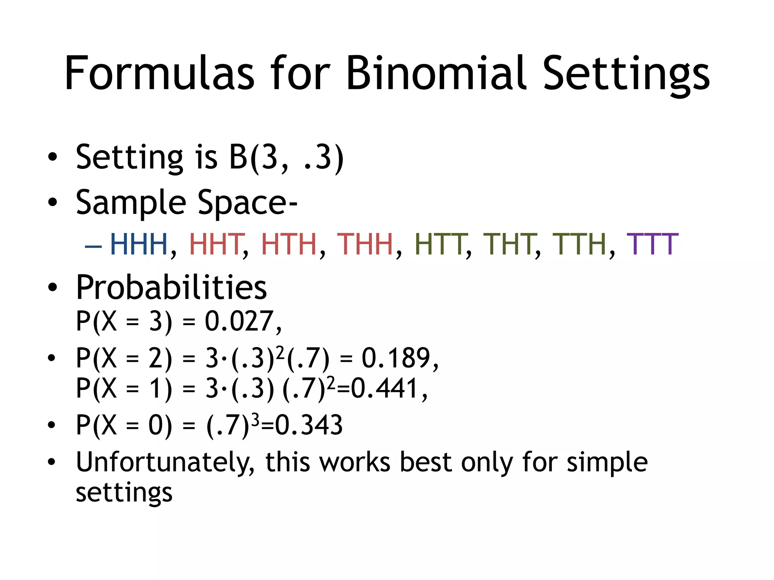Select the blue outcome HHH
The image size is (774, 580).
139,244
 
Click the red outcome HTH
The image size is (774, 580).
289,244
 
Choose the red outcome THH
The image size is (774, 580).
365,244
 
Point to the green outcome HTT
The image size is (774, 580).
440,244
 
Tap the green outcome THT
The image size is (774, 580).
509,244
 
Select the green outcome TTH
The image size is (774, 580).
579,244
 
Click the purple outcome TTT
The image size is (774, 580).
652,244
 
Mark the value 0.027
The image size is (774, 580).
239,321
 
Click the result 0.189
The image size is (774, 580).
396,358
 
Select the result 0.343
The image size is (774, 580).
309,425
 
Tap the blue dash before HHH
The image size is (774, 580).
93,246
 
